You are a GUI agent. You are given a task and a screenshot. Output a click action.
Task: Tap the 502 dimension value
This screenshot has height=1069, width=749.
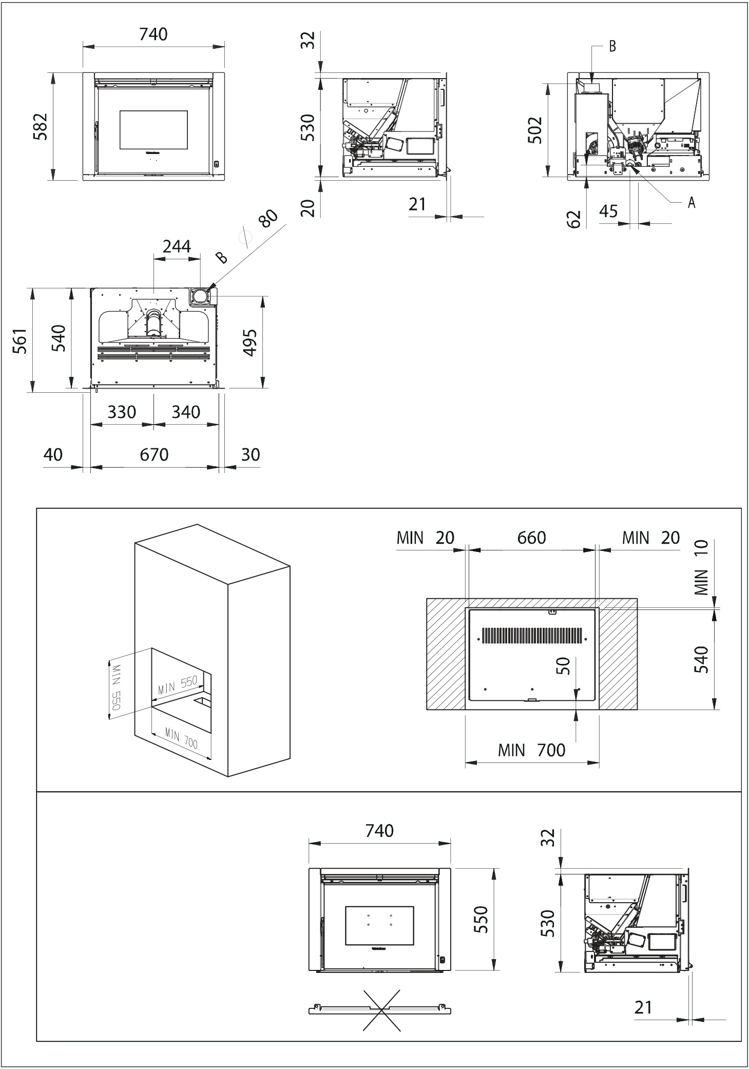coord(535,130)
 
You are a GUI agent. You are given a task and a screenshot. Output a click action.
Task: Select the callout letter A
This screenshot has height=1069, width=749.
coord(692,203)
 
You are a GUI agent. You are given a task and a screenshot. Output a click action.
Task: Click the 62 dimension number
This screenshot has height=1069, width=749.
coord(575,219)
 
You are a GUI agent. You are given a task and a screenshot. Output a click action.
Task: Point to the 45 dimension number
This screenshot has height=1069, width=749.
coord(609,211)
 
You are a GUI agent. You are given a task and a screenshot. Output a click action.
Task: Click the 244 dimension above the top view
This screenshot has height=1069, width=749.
coord(177,246)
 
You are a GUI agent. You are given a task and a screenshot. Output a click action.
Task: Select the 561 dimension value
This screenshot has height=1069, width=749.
coord(20,341)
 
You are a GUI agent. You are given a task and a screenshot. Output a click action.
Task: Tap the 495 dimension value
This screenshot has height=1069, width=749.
coord(250,342)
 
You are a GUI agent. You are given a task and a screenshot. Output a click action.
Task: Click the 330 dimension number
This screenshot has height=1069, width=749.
coord(122,412)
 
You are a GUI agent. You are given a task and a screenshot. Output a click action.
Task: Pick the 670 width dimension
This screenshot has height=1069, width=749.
coord(154,454)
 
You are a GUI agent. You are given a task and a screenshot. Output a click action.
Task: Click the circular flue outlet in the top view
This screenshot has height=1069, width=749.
coord(201,297)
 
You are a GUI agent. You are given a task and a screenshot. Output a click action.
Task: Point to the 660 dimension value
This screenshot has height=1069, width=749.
coord(532,538)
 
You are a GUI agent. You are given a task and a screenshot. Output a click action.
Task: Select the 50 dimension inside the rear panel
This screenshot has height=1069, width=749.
coord(564,666)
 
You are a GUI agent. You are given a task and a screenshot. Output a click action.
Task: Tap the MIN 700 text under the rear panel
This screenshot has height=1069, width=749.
coord(532,750)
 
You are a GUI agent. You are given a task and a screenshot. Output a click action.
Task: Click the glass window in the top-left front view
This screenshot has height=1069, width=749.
coord(153,130)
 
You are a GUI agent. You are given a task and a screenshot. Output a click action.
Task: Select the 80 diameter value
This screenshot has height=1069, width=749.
coord(267,219)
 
